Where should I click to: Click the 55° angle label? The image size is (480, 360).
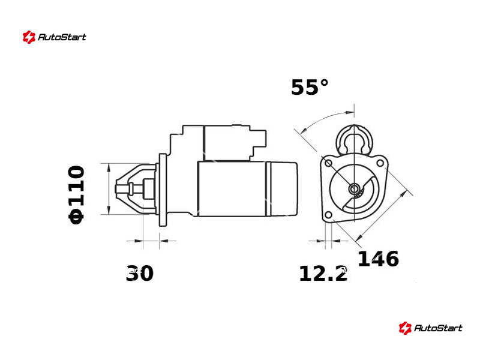point(310,88)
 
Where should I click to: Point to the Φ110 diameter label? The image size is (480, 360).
point(77,195)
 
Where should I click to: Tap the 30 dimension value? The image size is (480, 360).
point(140,274)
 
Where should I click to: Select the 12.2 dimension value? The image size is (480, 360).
point(323,274)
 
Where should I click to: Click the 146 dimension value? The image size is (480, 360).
point(378,259)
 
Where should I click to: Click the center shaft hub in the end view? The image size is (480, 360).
point(355,190)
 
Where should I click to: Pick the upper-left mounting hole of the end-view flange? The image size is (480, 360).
point(328,163)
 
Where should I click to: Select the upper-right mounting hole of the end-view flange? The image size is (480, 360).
point(380,162)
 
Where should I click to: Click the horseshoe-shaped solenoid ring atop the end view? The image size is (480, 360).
point(355,139)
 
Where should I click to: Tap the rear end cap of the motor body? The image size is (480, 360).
point(283,188)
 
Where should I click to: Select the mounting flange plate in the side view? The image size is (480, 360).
point(163,190)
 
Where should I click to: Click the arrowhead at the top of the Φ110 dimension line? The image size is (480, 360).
point(108,167)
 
